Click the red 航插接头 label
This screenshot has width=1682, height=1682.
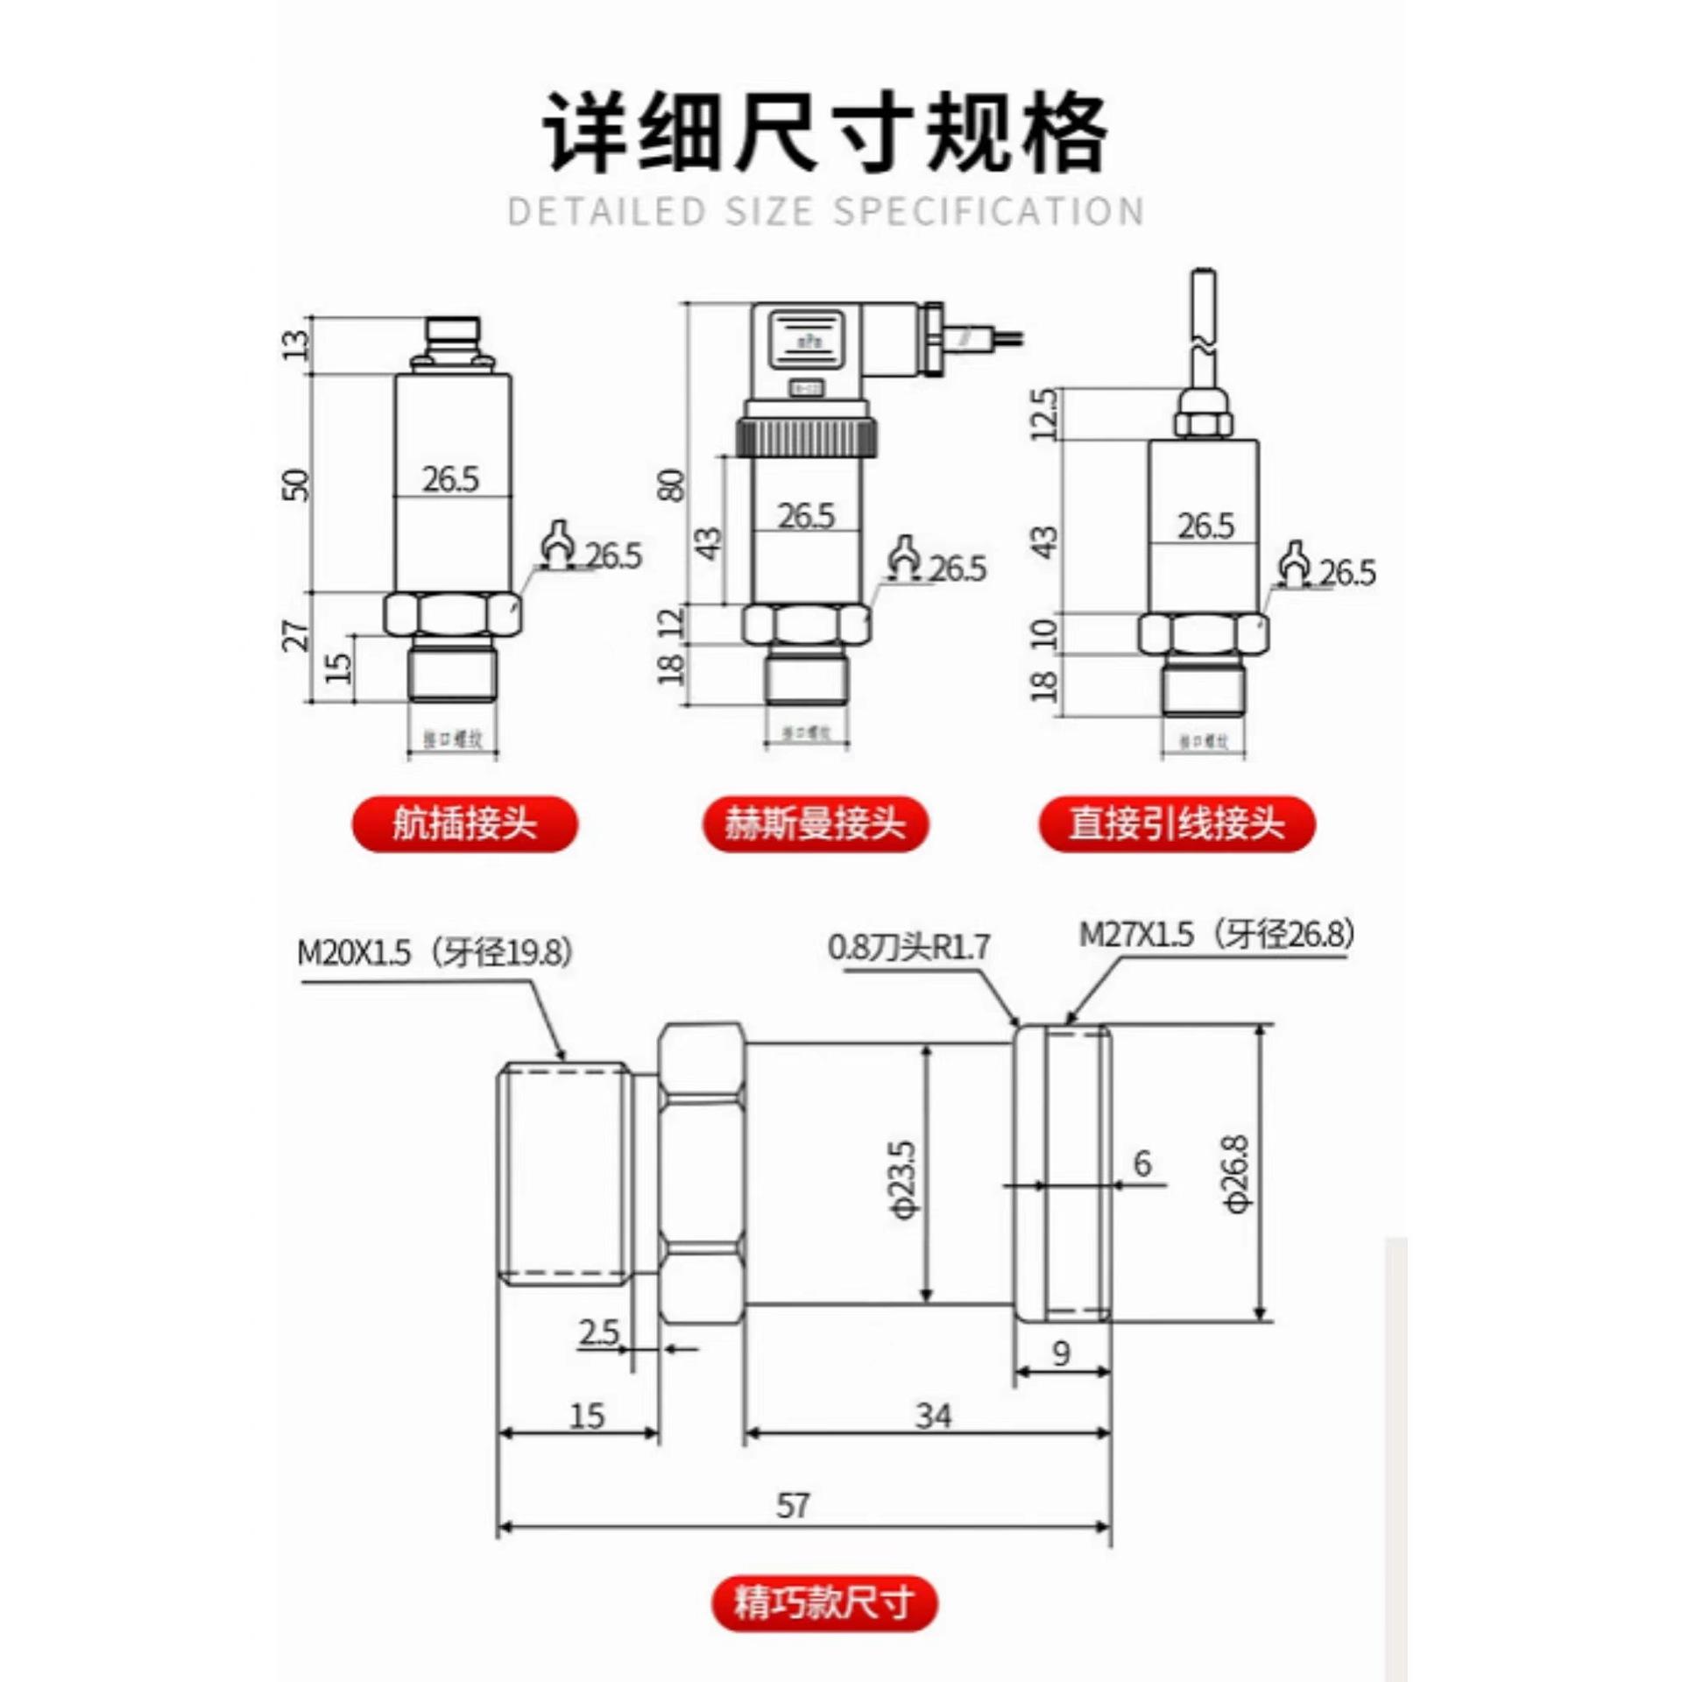(464, 823)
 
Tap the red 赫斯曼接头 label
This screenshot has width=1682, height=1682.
(815, 823)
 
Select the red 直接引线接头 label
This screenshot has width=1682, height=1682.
(1177, 823)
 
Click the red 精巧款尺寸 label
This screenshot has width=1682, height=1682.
(823, 1603)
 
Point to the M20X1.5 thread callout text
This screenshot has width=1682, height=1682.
(435, 953)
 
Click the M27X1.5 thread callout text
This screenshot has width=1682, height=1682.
(1216, 935)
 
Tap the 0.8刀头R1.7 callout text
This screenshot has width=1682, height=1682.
(908, 947)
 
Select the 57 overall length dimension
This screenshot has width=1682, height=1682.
(793, 1506)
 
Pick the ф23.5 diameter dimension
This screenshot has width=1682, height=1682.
(906, 1179)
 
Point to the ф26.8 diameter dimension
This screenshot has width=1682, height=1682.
(1238, 1174)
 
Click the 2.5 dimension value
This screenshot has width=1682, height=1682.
(598, 1332)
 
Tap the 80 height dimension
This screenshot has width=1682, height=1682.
(671, 484)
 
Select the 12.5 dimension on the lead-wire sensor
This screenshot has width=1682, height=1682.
(1045, 414)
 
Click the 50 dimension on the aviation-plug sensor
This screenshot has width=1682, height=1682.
(297, 484)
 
